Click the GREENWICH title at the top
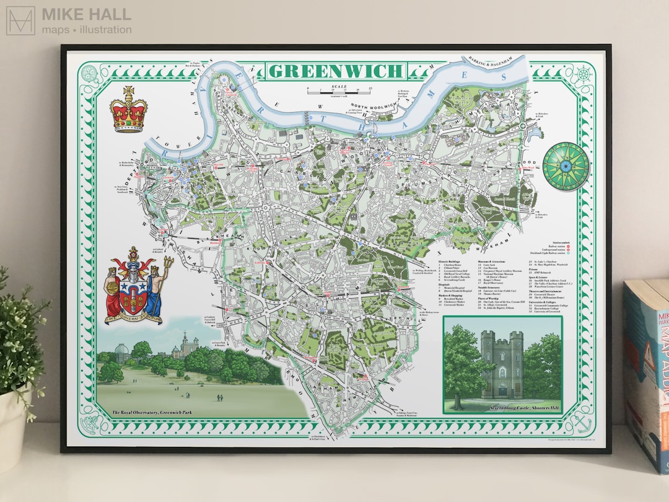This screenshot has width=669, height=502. [336, 71]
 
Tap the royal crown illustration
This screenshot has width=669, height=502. [128, 110]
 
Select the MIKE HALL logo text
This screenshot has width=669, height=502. [86, 14]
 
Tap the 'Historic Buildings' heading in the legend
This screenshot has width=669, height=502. [450, 262]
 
